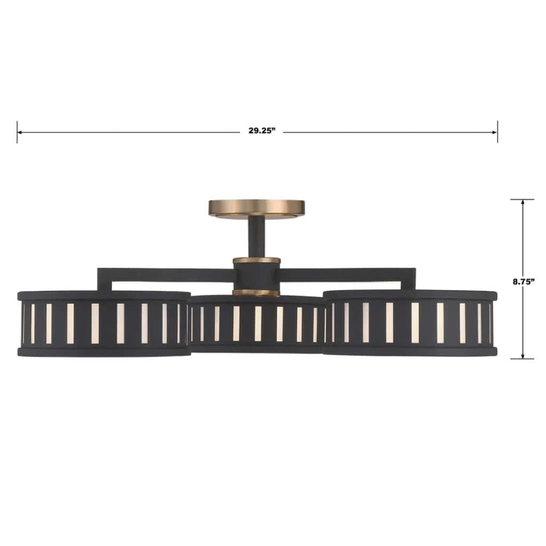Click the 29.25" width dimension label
(x=261, y=132)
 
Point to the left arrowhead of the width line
(x=20, y=132)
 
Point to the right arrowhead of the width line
(x=494, y=132)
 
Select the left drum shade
(x=104, y=323)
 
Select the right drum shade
(x=410, y=323)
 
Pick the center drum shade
(x=256, y=324)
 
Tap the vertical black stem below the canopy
(x=256, y=237)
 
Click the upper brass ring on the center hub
(x=256, y=260)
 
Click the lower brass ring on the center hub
(x=256, y=292)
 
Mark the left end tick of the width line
(x=17, y=132)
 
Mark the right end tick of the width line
(x=497, y=132)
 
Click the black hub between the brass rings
(x=256, y=276)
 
